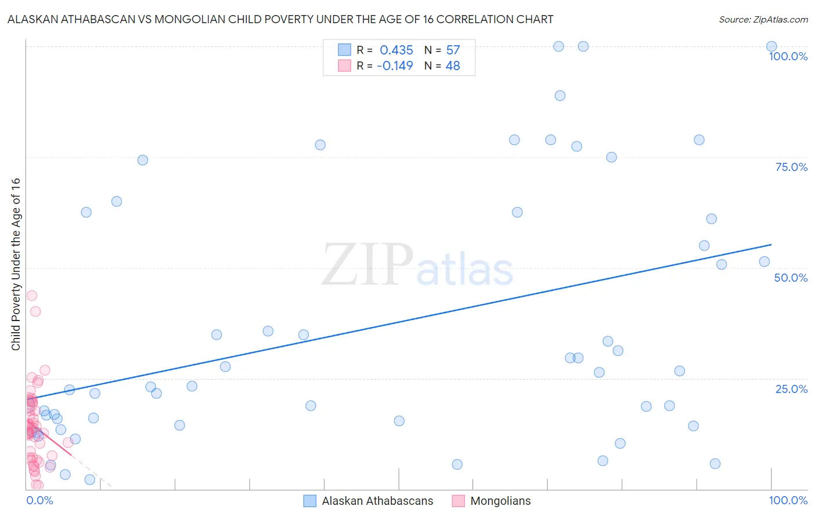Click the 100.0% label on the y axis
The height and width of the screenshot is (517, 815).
[788, 56]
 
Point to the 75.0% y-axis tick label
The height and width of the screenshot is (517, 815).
[791, 167]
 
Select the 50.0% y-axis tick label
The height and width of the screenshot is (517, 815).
[791, 278]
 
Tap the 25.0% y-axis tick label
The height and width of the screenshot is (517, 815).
[791, 389]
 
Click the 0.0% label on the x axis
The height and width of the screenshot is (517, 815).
[39, 500]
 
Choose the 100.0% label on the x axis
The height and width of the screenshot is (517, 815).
[788, 500]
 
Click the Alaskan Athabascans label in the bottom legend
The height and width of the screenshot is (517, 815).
[377, 501]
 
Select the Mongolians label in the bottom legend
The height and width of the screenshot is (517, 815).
[500, 501]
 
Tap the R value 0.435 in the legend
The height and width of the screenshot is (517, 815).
[396, 50]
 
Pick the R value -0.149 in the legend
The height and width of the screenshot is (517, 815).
[395, 66]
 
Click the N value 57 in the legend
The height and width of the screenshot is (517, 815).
[453, 50]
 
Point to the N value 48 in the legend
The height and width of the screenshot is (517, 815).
[453, 66]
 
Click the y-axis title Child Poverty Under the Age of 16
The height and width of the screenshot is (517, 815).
[16, 264]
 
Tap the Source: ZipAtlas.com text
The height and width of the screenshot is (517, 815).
[763, 19]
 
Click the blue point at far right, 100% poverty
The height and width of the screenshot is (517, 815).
[772, 46]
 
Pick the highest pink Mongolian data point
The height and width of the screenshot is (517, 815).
[31, 296]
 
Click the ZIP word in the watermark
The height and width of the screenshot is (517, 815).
[367, 265]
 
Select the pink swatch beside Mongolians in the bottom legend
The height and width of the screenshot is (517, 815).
[459, 501]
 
